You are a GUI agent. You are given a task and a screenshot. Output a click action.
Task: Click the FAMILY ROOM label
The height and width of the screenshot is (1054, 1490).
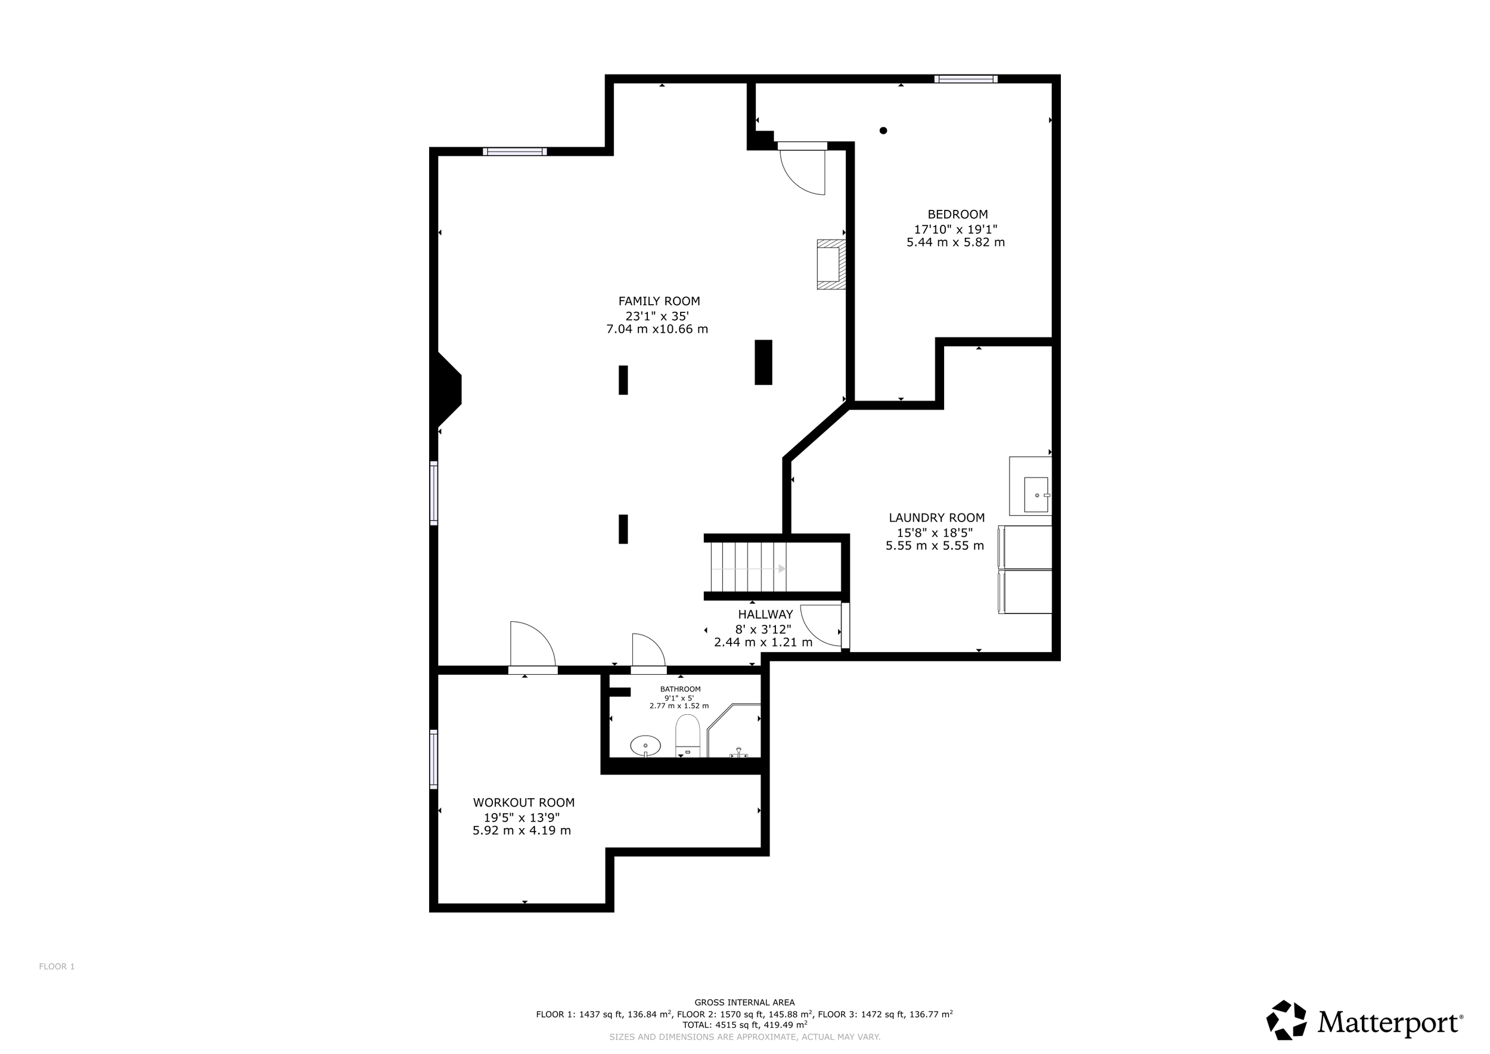click(x=659, y=301)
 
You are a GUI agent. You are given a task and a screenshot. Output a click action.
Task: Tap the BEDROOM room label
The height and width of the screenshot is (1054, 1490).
click(x=957, y=214)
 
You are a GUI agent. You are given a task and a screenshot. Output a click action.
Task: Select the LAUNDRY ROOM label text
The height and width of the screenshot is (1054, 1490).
click(x=936, y=518)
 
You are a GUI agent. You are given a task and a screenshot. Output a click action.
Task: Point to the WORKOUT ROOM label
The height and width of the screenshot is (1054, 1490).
click(x=524, y=802)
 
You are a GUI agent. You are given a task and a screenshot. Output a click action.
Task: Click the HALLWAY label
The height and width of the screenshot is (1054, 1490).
click(x=765, y=614)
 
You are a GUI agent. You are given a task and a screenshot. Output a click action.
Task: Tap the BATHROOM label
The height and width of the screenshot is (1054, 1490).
click(x=680, y=689)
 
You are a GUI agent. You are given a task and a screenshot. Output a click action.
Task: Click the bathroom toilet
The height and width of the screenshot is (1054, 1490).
click(x=688, y=735)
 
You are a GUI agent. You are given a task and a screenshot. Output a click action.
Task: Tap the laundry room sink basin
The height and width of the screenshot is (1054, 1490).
click(x=1036, y=495)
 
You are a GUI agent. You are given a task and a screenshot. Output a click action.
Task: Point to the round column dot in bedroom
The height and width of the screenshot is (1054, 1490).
click(x=883, y=131)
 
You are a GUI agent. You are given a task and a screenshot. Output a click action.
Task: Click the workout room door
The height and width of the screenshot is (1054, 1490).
click(x=532, y=645)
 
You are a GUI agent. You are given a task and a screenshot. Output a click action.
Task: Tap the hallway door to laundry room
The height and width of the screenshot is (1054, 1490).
click(x=821, y=624)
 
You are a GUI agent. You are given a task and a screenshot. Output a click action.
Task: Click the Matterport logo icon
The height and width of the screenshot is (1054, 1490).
click(x=1287, y=1020)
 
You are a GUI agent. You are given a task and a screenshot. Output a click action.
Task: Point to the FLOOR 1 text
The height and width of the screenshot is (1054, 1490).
click(x=57, y=966)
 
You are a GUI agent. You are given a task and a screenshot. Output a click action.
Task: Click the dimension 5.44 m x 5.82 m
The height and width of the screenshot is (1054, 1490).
click(x=955, y=242)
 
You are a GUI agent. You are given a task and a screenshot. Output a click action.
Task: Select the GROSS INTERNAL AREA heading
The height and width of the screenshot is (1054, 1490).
click(x=744, y=1002)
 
